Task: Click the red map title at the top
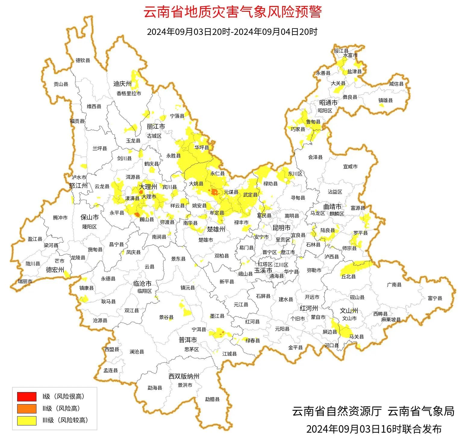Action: [232, 12]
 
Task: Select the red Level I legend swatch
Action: [27, 397]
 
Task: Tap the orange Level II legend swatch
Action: [27, 408]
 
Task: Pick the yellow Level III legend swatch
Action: [27, 420]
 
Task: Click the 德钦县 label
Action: [83, 60]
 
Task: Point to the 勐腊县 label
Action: [212, 399]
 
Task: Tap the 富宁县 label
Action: [435, 298]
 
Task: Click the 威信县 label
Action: [396, 84]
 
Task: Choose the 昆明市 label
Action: [281, 228]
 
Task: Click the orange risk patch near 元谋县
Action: [215, 192]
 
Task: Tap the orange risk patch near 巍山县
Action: [137, 214]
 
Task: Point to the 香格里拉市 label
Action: [129, 94]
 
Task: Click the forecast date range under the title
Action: [232, 32]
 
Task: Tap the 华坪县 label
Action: [201, 148]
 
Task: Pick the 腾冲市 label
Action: [60, 218]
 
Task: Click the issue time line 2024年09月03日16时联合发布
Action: [374, 429]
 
